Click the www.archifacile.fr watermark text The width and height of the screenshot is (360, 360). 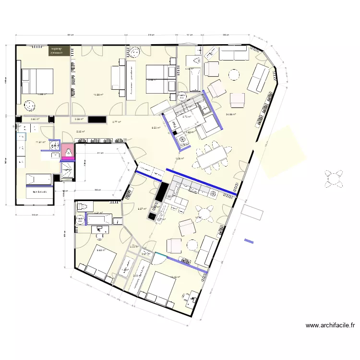tap(330, 325)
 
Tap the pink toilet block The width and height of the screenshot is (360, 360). tap(68, 151)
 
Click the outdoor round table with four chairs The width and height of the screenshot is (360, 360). tap(334, 178)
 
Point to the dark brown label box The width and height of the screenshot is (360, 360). tap(59, 50)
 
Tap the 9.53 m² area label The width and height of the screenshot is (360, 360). tap(156, 128)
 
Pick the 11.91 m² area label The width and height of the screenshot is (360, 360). tap(40, 142)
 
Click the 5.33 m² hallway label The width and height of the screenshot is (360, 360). tap(81, 132)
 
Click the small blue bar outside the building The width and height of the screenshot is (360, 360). tap(249, 240)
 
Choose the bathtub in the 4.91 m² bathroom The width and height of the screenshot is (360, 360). tap(99, 220)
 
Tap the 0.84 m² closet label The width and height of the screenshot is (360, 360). tap(35, 119)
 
